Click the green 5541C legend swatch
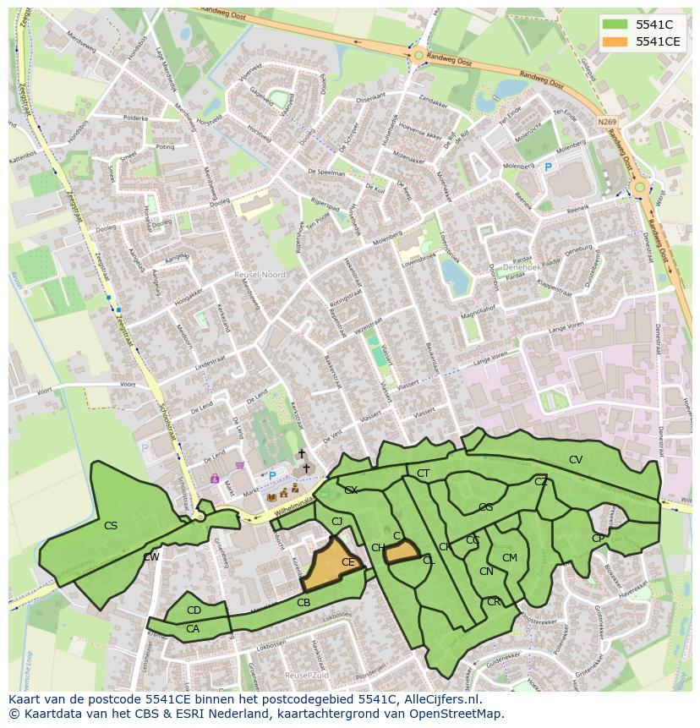615,25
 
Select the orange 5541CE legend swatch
615,41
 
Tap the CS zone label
111,526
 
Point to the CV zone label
576,460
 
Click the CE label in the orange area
348,562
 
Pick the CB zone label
304,603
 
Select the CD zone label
194,610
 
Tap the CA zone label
193,628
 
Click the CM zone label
509,558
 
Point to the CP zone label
598,539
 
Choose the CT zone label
424,473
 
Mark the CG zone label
485,507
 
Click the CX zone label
351,490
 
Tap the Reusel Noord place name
260,275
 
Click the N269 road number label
606,122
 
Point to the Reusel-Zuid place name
306,676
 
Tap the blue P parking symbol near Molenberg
548,168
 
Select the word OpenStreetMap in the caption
457,714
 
